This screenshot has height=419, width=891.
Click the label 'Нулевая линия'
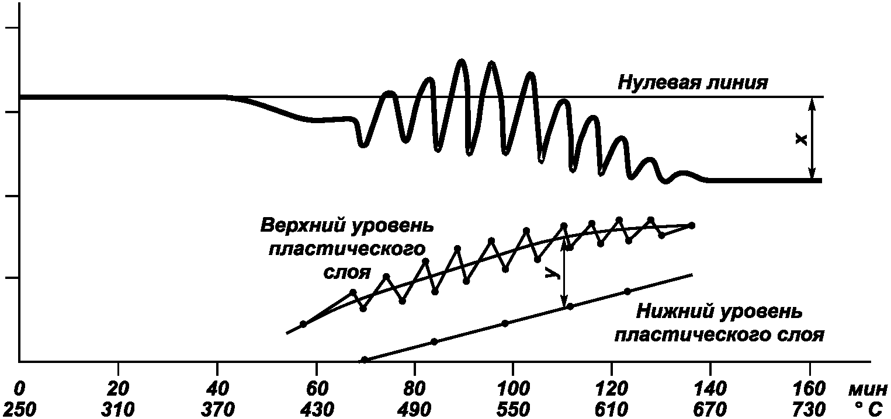pyautogui.click(x=692, y=82)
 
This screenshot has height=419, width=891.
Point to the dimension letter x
pyautogui.click(x=802, y=139)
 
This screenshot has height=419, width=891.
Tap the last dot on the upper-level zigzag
pyautogui.click(x=692, y=225)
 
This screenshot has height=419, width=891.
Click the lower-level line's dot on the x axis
pyautogui.click(x=364, y=360)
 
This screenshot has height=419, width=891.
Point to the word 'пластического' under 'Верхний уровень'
pyautogui.click(x=346, y=249)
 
